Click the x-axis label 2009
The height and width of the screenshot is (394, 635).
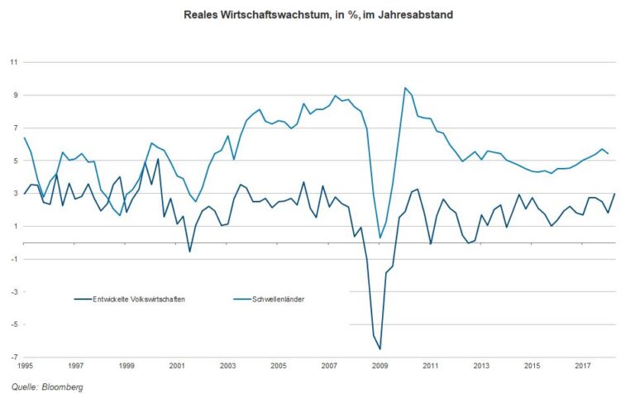point(380,364)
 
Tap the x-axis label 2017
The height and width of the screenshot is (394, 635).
point(583,364)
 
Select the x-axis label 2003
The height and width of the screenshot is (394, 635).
point(227,364)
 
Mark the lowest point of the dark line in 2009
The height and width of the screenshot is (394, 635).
point(380,349)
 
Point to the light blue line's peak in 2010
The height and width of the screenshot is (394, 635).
point(405,88)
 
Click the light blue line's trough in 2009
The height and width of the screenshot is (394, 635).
point(380,238)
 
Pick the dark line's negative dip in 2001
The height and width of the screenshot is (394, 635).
point(189,252)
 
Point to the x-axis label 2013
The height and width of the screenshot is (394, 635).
point(481,364)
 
